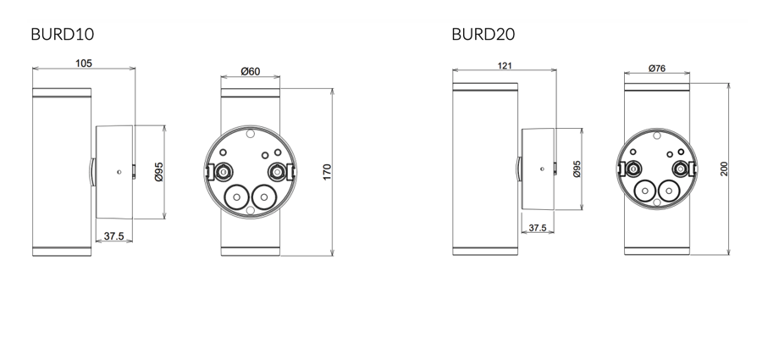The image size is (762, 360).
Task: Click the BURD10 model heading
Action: tap(62, 35)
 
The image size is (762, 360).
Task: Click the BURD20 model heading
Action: tap(483, 35)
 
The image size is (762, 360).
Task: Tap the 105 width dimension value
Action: tap(84, 64)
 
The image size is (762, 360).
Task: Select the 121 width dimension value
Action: tap(505, 66)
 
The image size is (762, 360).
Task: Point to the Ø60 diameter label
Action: tap(250, 71)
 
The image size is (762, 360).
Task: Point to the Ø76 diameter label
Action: tap(658, 68)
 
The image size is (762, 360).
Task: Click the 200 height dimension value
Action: tap(724, 169)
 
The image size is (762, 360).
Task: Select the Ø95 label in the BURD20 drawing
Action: tap(577, 169)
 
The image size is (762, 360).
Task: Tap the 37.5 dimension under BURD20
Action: tap(537, 228)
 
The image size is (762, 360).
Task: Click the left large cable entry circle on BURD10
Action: tap(235, 197)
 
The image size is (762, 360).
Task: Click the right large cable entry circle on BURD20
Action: tap(669, 191)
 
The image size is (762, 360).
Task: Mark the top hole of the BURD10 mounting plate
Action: tap(250, 133)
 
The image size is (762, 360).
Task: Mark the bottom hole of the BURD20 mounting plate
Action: tap(658, 203)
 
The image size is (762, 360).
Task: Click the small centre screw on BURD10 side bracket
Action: tap(119, 172)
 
